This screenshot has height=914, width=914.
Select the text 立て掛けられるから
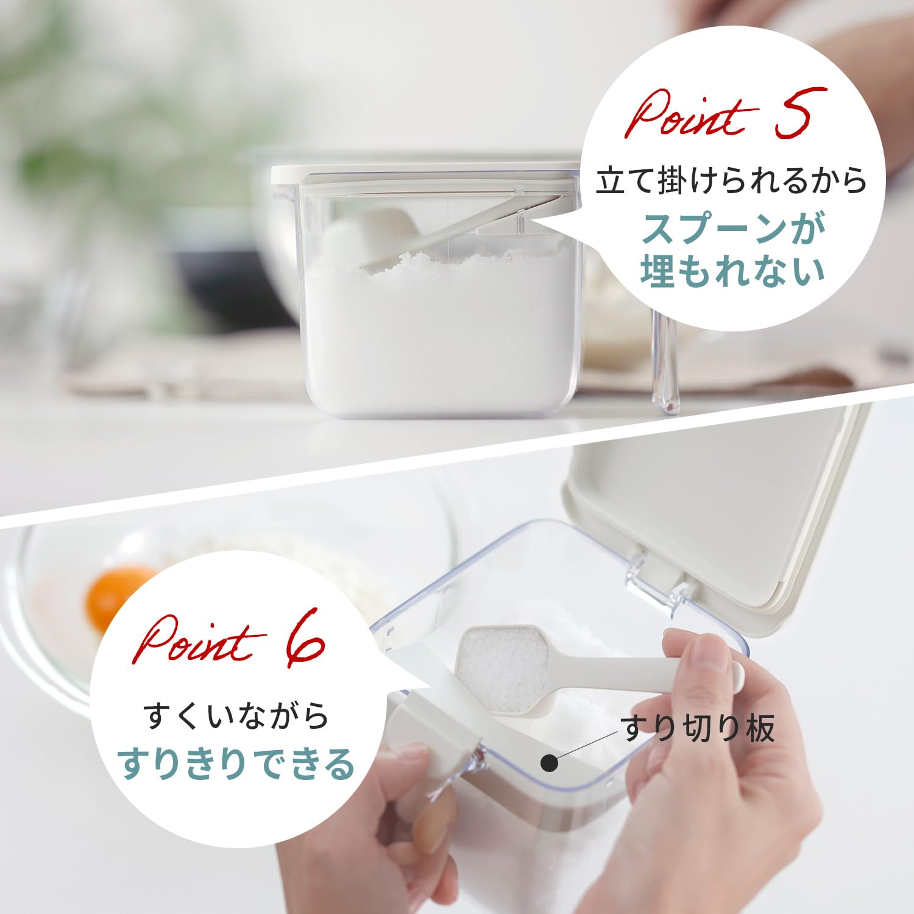coord(731,181)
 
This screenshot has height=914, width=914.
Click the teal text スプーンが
coord(734,227)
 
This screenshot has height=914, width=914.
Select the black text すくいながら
coord(238,715)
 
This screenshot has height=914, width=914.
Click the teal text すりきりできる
coord(237,763)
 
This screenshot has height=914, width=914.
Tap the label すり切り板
coord(698,728)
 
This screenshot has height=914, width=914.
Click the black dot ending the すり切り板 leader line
coord(550,763)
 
